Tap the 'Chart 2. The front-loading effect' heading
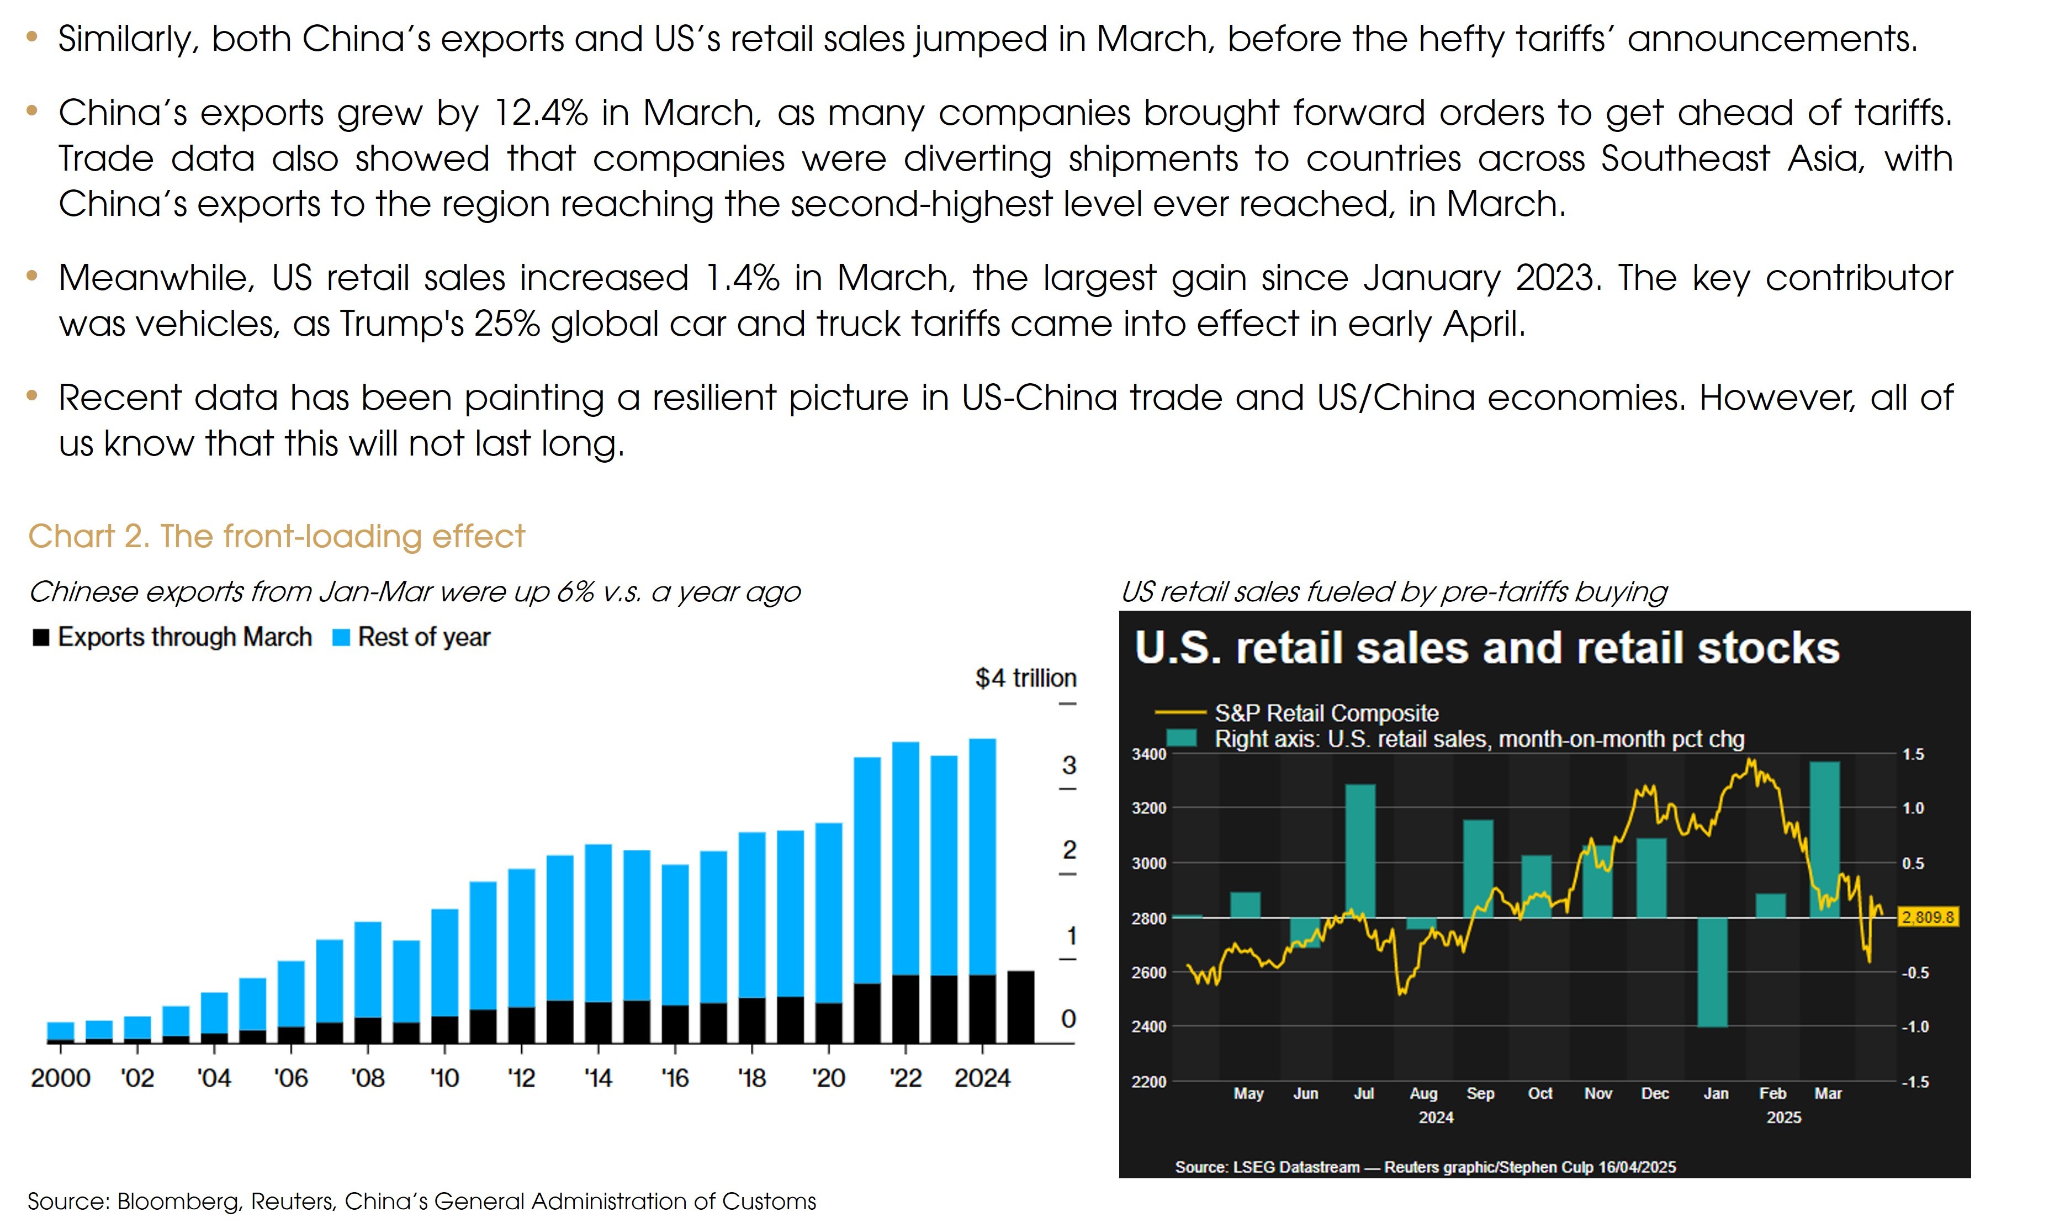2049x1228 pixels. coord(276,536)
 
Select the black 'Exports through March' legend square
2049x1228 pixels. coord(40,637)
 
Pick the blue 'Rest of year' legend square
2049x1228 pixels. coord(341,637)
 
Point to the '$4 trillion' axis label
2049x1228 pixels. coord(1025,677)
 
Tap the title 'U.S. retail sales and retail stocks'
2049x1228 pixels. coord(1486,647)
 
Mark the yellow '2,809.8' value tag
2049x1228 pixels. coord(1928,917)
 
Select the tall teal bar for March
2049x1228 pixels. coord(1825,839)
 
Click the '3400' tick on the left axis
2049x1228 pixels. coord(1149,754)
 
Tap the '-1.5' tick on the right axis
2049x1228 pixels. coord(1914,1082)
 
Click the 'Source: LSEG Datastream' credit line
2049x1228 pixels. coord(1425,1167)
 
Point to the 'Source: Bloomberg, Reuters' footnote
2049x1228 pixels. coord(422,1201)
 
